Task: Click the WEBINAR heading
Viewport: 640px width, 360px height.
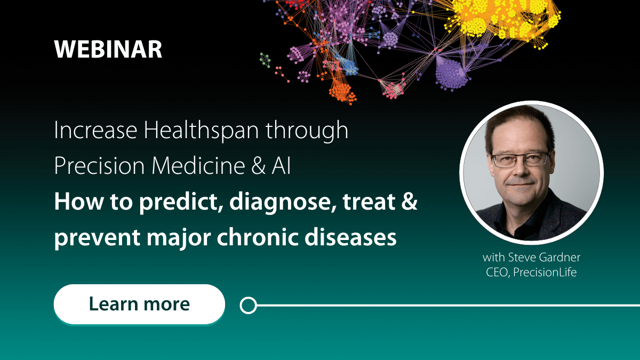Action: click(108, 50)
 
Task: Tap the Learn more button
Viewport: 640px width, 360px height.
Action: click(139, 304)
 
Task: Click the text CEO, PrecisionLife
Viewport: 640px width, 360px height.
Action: click(531, 273)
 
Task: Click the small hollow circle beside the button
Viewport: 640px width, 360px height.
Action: click(248, 306)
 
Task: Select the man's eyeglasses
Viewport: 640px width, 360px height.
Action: click(520, 159)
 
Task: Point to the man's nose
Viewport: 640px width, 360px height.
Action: click(519, 168)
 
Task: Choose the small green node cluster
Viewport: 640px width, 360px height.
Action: click(265, 58)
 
